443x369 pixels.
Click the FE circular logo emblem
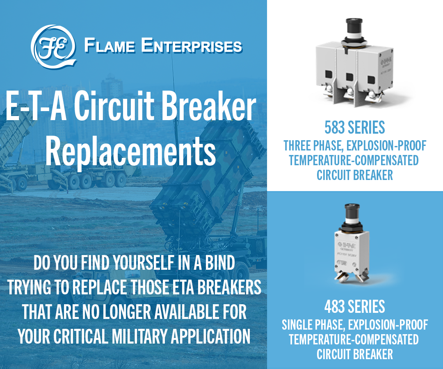coord(54,47)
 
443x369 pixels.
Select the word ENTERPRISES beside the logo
coord(192,46)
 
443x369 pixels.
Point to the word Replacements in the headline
coord(130,151)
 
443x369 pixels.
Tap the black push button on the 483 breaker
coord(352,211)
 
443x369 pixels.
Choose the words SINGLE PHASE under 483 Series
coord(313,325)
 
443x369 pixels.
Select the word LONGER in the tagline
coord(127,312)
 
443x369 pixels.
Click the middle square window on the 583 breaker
coord(349,77)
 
